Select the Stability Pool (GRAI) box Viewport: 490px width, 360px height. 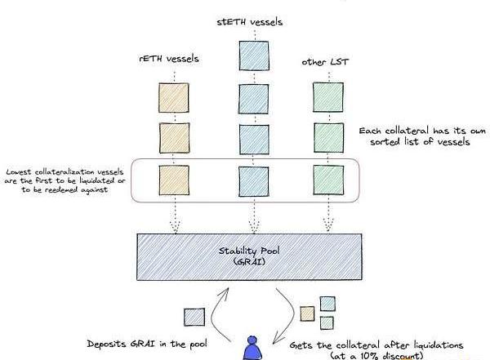point(249,256)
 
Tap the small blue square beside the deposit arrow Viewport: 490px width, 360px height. point(194,317)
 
